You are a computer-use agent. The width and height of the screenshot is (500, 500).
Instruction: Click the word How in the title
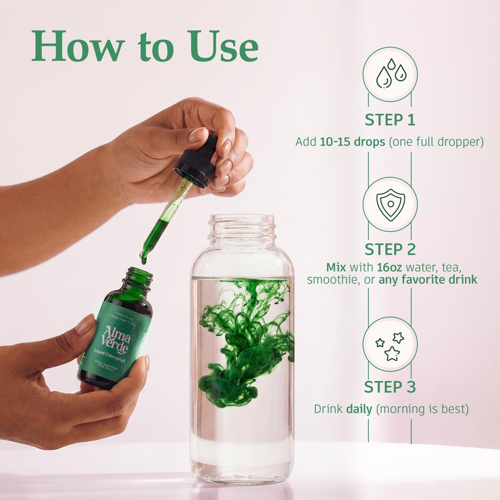[78, 47]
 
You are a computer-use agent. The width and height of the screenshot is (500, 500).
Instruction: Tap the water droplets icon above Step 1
[390, 74]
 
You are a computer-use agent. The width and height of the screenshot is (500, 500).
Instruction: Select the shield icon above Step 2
[390, 204]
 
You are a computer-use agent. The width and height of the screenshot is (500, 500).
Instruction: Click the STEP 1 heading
[390, 120]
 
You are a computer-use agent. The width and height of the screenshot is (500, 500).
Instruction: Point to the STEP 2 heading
[390, 250]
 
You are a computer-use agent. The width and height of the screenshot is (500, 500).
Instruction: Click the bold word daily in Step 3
[359, 409]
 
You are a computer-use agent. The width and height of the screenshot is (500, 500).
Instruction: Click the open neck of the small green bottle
[138, 275]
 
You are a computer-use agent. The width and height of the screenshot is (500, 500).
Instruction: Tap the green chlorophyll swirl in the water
[244, 337]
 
